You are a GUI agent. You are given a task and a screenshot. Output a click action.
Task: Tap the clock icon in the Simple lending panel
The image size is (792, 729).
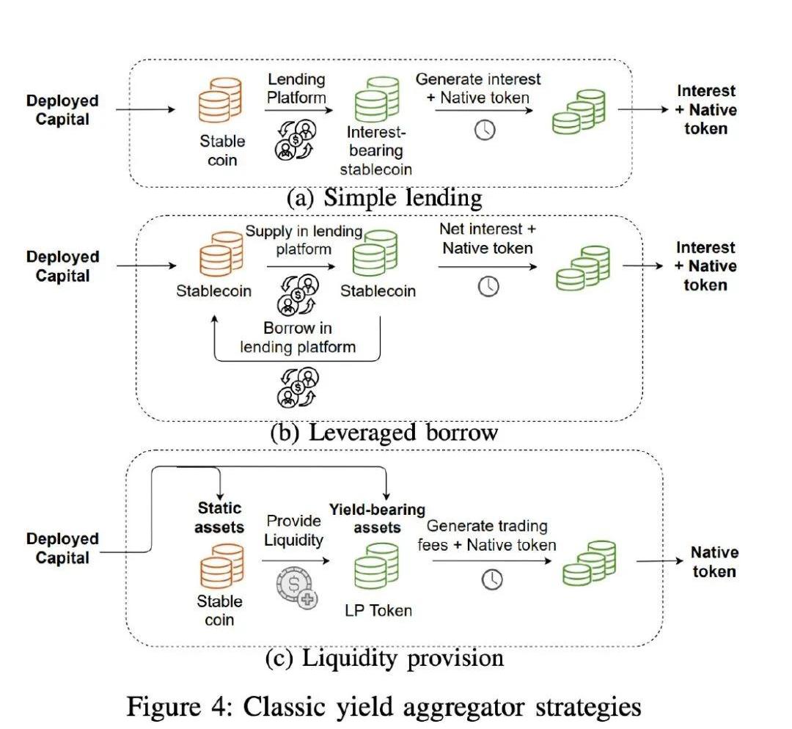pyautogui.click(x=485, y=131)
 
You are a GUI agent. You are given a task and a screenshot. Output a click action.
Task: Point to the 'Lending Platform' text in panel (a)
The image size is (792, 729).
pyautogui.click(x=296, y=87)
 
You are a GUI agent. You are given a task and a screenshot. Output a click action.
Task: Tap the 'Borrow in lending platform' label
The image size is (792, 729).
pyautogui.click(x=298, y=337)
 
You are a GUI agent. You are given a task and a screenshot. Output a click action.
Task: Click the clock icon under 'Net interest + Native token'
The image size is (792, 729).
pyautogui.click(x=488, y=286)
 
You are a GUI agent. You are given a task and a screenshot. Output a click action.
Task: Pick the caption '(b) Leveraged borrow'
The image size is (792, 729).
pyautogui.click(x=384, y=432)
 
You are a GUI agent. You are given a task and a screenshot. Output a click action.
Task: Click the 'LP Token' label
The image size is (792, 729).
pyautogui.click(x=378, y=610)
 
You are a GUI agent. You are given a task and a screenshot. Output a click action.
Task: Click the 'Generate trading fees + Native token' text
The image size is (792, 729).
pyautogui.click(x=487, y=535)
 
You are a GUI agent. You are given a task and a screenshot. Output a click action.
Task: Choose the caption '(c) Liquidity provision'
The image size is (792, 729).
pyautogui.click(x=384, y=657)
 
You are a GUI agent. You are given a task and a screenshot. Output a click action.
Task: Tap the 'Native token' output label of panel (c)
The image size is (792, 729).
pyautogui.click(x=714, y=562)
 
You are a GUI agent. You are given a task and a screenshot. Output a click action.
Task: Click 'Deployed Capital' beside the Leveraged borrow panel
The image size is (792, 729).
pyautogui.click(x=62, y=266)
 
